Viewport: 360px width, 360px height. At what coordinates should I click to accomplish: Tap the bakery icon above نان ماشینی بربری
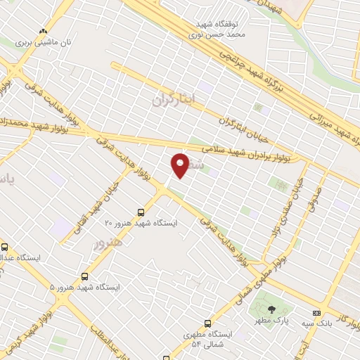click(x=43, y=31)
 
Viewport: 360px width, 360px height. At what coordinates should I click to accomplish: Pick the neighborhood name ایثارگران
click(x=172, y=100)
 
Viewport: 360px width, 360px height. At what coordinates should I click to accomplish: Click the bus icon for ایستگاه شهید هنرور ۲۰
click(x=141, y=212)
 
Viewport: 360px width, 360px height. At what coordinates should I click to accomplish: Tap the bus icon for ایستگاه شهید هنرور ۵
click(x=85, y=276)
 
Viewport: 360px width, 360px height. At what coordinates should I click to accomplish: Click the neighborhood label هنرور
click(x=107, y=243)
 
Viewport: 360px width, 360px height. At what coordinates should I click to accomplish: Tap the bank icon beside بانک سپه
click(x=316, y=313)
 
